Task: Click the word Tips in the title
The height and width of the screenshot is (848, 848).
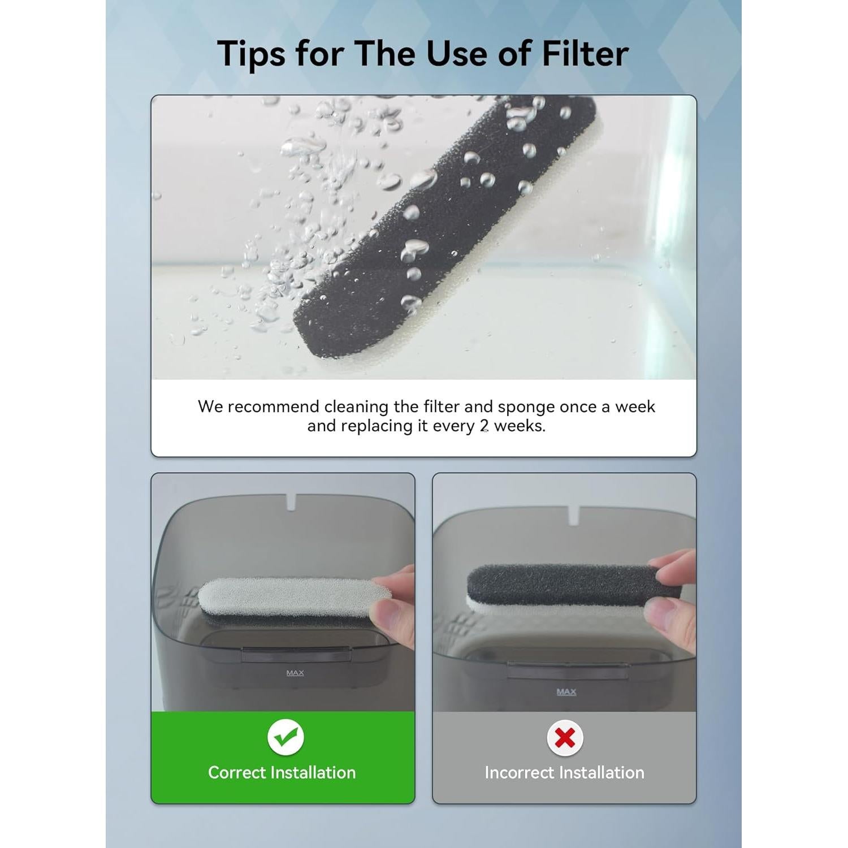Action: click(x=252, y=54)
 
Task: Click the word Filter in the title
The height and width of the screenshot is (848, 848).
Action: click(x=585, y=54)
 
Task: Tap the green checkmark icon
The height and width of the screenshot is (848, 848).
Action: click(x=285, y=737)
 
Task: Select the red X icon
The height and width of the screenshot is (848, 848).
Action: click(x=565, y=738)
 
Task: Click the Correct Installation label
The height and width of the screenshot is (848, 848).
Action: click(x=282, y=772)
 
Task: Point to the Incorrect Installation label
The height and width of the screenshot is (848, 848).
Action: click(x=564, y=772)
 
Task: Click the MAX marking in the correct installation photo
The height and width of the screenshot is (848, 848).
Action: click(x=295, y=673)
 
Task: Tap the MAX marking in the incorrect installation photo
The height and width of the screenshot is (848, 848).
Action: click(x=566, y=691)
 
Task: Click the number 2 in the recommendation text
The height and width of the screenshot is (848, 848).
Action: click(x=484, y=426)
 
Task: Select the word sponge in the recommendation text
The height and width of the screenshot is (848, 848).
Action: click(x=526, y=407)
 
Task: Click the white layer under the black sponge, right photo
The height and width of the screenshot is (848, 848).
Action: click(x=509, y=605)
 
